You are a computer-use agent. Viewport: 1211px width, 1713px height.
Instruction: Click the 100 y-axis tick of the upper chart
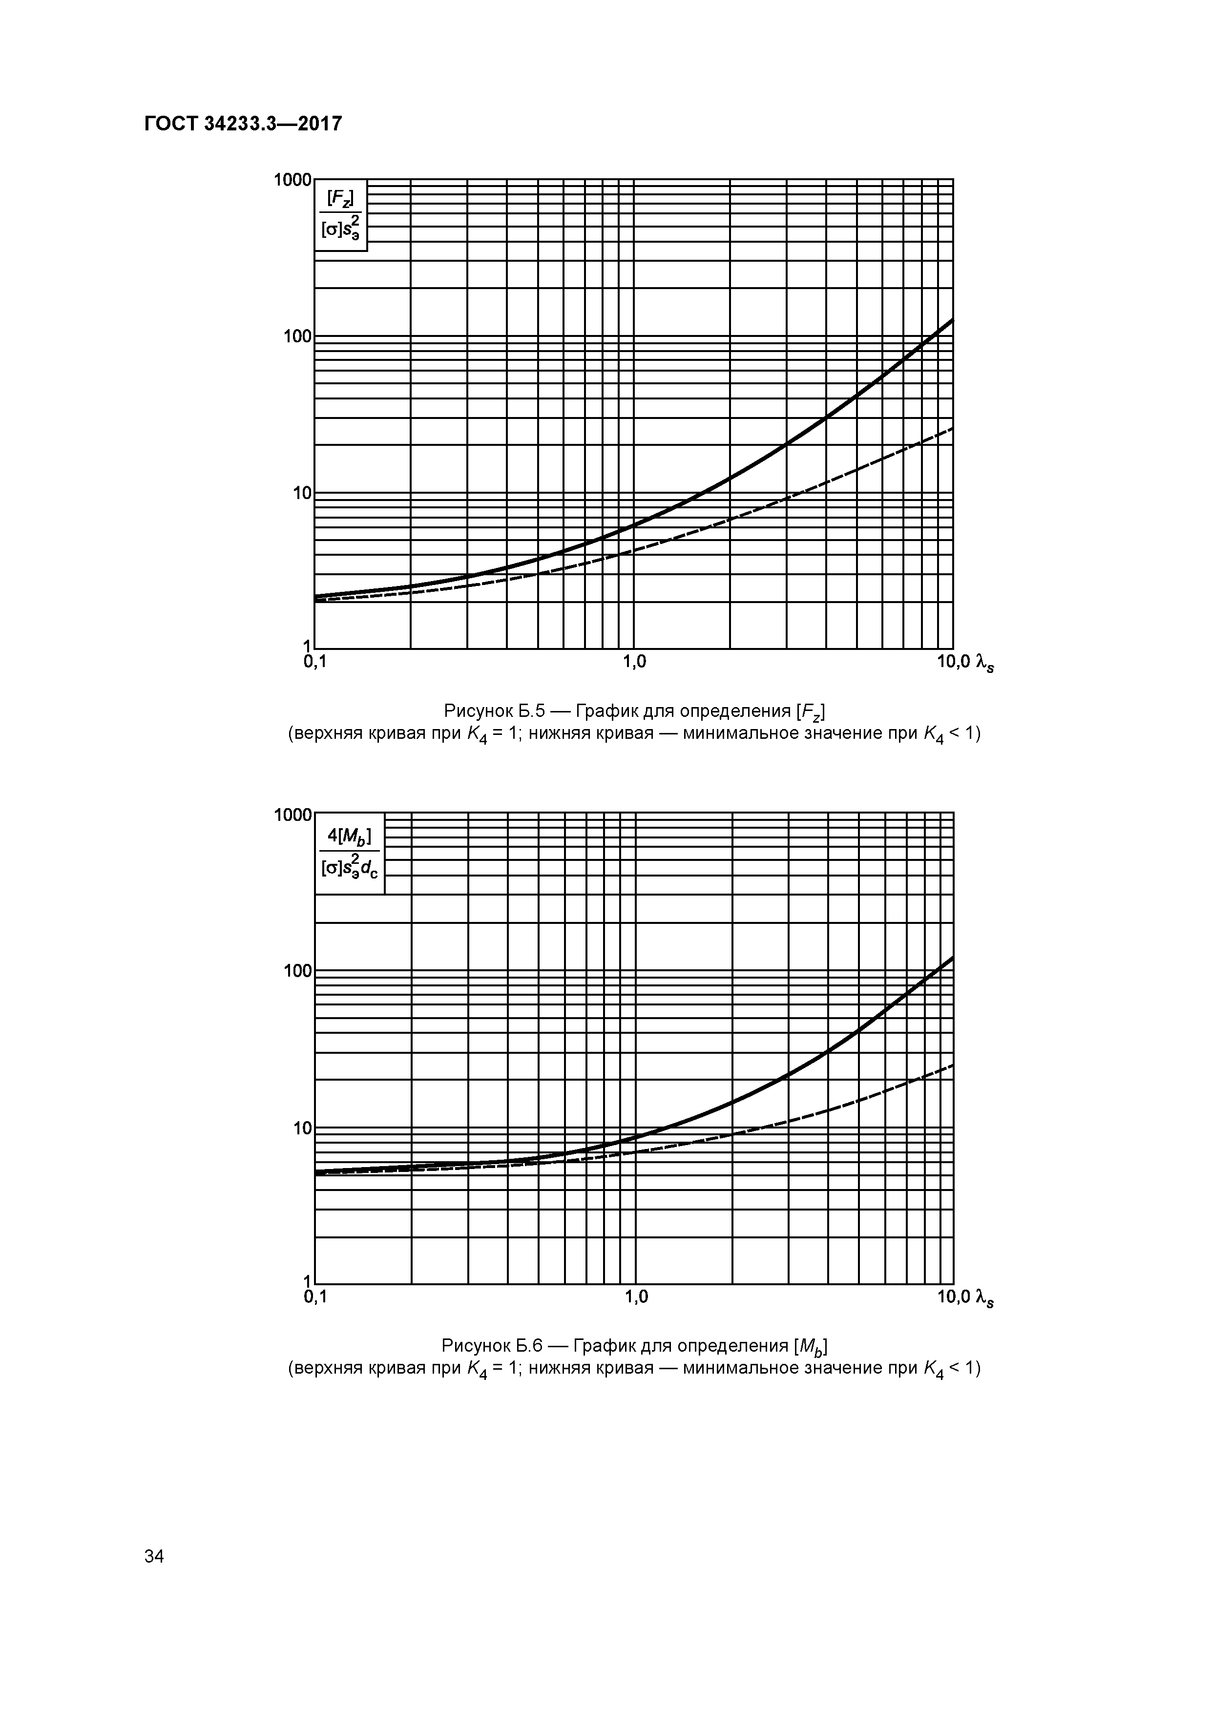pos(298,336)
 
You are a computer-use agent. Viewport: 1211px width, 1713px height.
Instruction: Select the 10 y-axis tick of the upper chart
pos(302,493)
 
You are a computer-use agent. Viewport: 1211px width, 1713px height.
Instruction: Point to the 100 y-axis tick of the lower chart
pos(298,971)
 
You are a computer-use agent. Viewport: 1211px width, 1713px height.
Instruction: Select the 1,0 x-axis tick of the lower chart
pos(636,1296)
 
